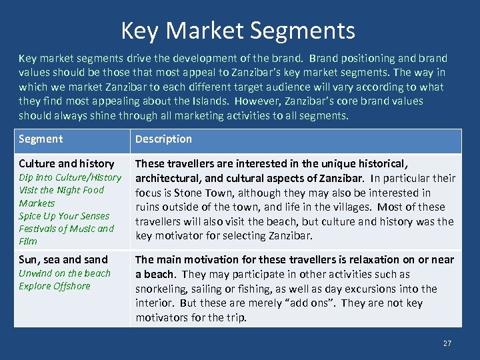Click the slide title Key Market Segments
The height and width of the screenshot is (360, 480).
click(238, 30)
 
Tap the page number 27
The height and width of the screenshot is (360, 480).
click(447, 343)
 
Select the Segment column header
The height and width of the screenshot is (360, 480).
click(41, 139)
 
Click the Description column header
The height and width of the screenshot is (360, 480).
click(163, 139)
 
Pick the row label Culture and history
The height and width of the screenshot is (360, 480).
click(66, 163)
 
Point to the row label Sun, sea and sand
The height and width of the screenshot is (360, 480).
click(63, 259)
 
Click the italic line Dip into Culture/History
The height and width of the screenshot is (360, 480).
click(70, 177)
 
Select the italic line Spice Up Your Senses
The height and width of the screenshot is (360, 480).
click(64, 216)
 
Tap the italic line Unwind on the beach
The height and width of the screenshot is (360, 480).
click(65, 273)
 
